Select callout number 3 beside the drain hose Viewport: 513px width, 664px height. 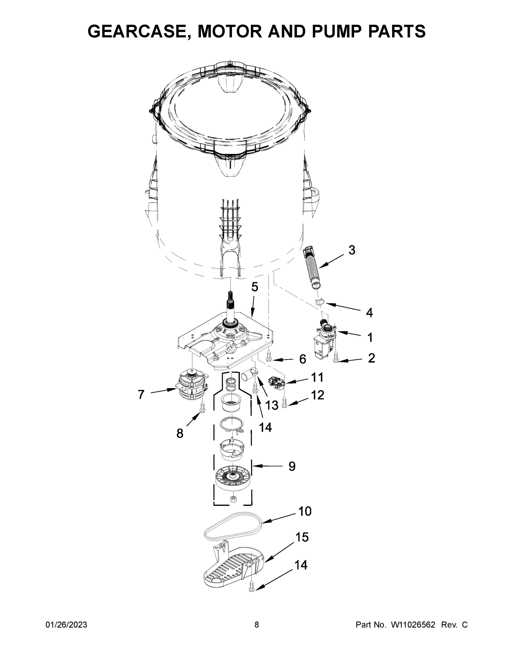(x=351, y=250)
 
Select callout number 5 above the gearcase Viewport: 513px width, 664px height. (x=254, y=287)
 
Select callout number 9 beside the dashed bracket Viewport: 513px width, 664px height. (x=291, y=466)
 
